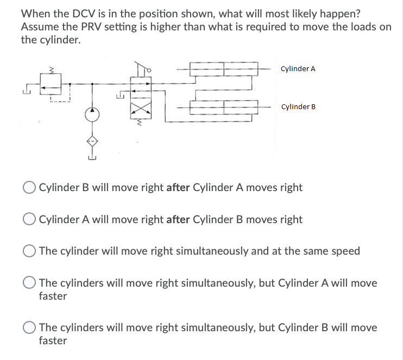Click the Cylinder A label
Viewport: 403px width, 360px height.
[298, 69]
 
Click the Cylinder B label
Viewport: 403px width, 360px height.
[298, 106]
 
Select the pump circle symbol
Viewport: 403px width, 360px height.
[92, 115]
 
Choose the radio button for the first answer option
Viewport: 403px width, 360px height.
[30, 188]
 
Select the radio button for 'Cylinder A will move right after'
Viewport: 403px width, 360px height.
[30, 220]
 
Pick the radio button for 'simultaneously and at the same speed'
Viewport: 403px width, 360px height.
[30, 251]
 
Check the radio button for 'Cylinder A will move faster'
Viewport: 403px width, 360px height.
[30, 283]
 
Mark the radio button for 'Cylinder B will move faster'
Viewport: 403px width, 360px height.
[30, 328]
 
